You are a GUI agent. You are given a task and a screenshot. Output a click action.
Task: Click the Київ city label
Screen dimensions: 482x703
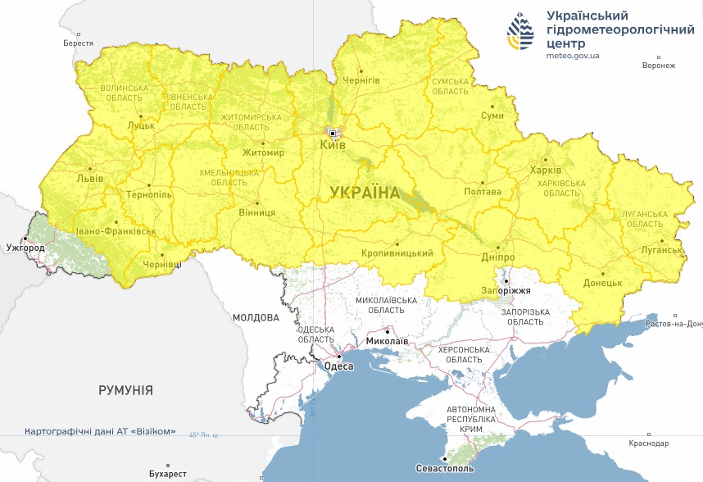[333, 145]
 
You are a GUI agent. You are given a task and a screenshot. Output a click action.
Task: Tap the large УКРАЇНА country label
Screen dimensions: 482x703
[365, 193]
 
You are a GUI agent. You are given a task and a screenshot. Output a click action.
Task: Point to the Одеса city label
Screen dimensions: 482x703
[339, 366]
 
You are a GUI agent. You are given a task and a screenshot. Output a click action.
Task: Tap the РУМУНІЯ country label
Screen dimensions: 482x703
[125, 390]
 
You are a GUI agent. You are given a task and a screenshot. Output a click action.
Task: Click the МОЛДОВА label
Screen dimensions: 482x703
[255, 317]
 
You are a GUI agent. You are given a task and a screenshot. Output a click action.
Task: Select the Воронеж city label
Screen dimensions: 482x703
[659, 66]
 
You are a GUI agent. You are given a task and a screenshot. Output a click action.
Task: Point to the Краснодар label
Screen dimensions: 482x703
[649, 443]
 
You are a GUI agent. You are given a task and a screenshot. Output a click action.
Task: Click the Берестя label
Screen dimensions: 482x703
[78, 43]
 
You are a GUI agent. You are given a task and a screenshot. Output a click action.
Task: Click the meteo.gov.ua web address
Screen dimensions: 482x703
[573, 56]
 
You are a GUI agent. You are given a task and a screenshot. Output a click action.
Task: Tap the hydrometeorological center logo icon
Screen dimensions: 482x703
[521, 33]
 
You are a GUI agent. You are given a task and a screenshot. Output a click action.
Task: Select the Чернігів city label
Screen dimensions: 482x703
[361, 80]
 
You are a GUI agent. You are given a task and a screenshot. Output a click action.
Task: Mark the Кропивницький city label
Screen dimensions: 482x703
[397, 253]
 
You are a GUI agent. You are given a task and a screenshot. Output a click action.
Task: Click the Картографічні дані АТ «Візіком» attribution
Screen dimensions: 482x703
[100, 431]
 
